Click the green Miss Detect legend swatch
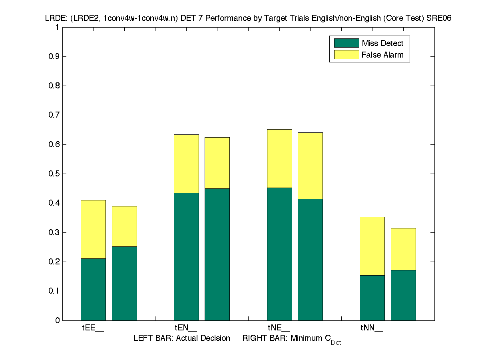[346, 43]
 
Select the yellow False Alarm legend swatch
[346, 55]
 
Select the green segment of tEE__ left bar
[93, 289]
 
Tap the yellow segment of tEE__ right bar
[124, 226]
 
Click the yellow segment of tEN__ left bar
[186, 164]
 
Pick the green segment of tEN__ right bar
[217, 254]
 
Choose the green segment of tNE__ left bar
[279, 254]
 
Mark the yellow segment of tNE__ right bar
[310, 166]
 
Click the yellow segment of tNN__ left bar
[372, 246]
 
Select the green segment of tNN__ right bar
[403, 295]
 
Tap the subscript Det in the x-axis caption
[336, 343]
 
